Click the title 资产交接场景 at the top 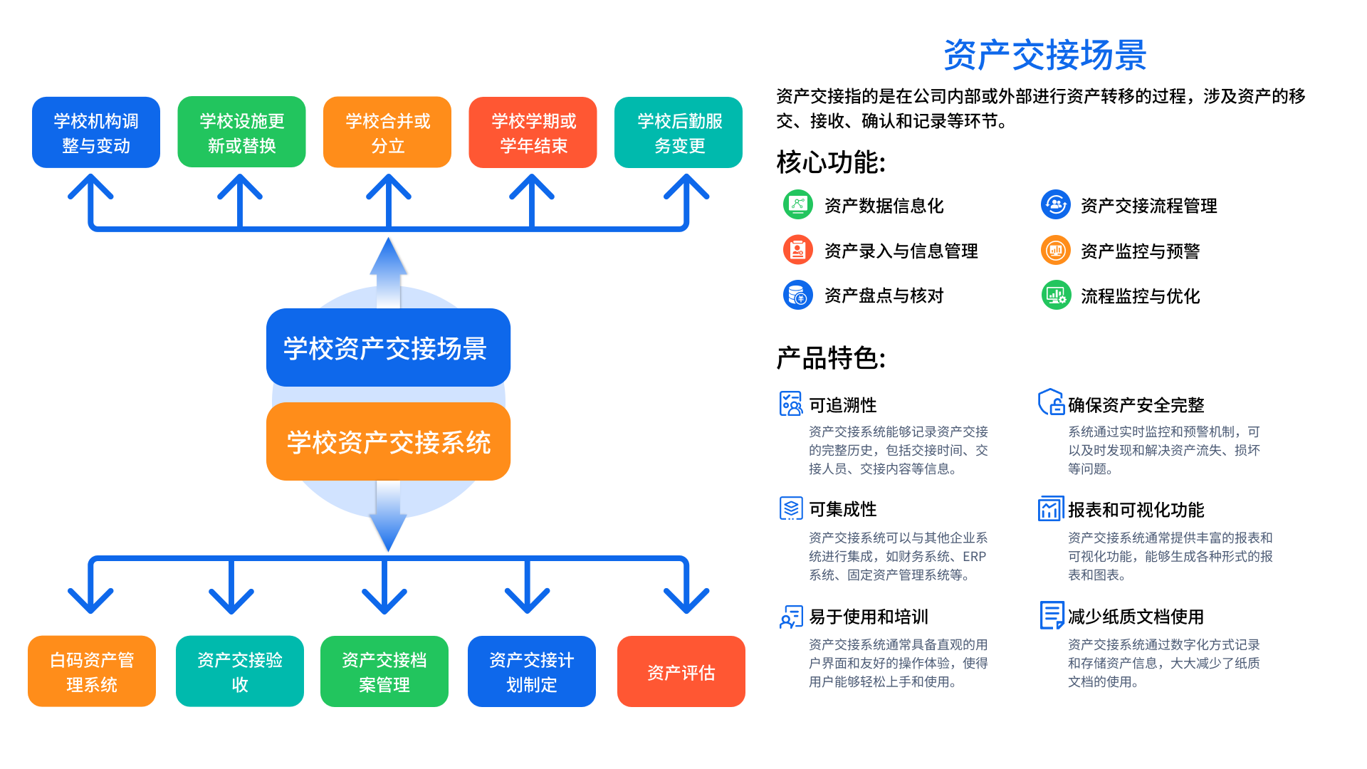(1044, 56)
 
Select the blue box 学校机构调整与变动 (96, 133)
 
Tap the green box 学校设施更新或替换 (241, 133)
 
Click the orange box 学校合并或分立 (387, 133)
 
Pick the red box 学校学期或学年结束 (533, 133)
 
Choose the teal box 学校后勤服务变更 (679, 133)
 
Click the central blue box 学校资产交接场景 (388, 348)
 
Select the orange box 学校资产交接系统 (388, 442)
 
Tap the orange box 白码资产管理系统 (92, 671)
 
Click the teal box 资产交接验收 (240, 671)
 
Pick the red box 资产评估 (681, 671)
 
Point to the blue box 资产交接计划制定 (532, 671)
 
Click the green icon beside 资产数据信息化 (798, 205)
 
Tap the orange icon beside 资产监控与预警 (1055, 251)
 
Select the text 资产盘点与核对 (884, 295)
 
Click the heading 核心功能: (831, 162)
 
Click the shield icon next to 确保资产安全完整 (1051, 402)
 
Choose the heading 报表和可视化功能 (1136, 510)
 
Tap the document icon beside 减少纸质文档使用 (1051, 615)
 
